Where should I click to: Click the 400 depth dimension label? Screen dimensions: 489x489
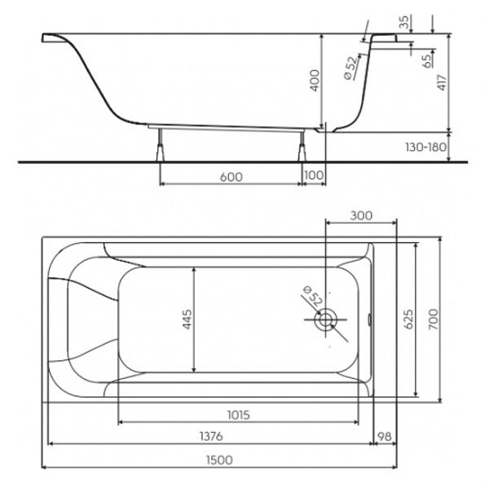(315, 81)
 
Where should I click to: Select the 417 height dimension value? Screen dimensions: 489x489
(443, 82)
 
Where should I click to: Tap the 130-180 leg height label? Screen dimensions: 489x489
(425, 147)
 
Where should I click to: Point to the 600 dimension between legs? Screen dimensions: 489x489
(231, 177)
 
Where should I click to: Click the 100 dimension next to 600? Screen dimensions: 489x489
(314, 175)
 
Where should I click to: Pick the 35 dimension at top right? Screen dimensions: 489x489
(404, 22)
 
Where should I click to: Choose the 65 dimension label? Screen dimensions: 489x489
(428, 59)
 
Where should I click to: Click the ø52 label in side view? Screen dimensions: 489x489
(350, 68)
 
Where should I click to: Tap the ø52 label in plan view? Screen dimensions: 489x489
(312, 296)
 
